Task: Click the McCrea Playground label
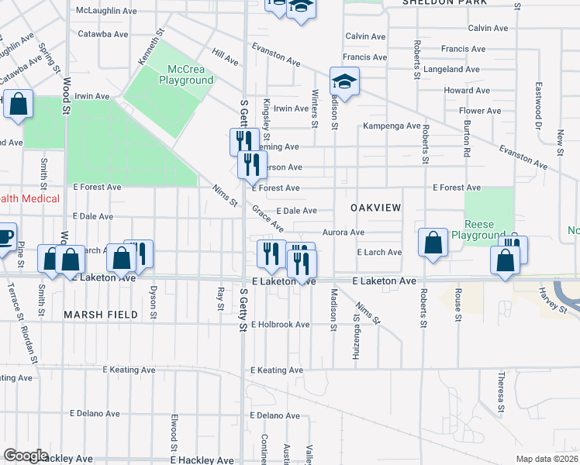point(186,74)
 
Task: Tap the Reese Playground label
point(489,229)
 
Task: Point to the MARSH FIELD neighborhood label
point(101,315)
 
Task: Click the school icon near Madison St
point(344,81)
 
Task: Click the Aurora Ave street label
point(344,232)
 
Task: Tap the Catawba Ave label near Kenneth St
point(102,34)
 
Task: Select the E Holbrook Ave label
point(281,325)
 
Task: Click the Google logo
point(26,456)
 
